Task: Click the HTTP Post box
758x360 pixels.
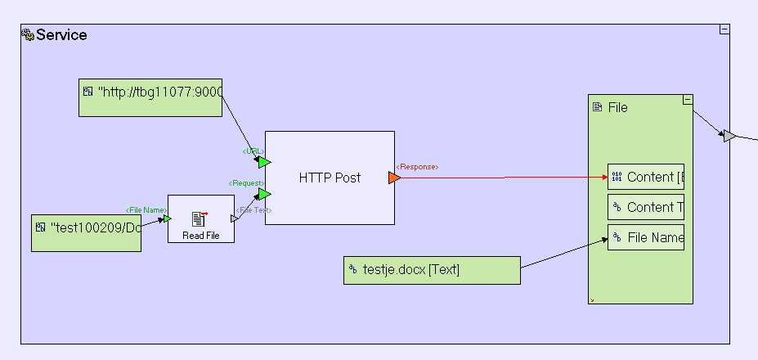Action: [x=329, y=178]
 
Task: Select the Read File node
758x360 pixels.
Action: [x=200, y=218]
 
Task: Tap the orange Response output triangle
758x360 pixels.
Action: [x=394, y=178]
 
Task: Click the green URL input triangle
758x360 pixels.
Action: [x=263, y=162]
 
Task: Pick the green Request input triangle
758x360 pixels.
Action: [x=263, y=194]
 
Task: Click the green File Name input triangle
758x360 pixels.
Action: [x=167, y=218]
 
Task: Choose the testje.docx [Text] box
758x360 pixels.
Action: [x=432, y=270]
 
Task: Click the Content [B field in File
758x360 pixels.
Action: [x=645, y=177]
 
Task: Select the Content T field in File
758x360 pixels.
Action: [x=645, y=207]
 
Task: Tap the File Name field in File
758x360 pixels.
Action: [x=645, y=237]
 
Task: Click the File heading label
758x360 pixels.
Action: [x=617, y=107]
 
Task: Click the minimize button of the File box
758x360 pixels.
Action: [x=688, y=100]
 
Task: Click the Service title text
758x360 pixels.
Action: [x=61, y=35]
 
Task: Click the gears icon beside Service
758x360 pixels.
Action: [x=27, y=35]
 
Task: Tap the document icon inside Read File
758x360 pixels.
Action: [x=199, y=218]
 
